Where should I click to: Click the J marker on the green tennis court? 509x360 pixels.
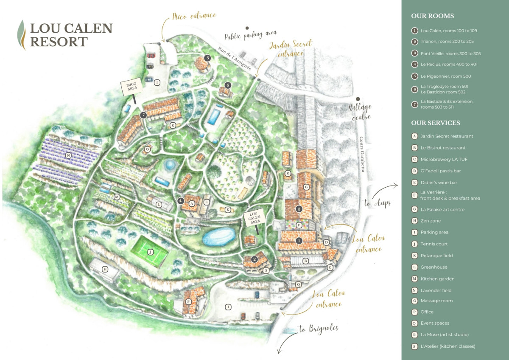[150, 252]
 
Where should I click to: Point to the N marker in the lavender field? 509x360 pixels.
[68, 156]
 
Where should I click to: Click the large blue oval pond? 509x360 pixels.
[218, 236]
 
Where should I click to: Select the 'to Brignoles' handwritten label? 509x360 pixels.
[318, 329]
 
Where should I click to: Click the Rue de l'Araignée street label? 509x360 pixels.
[235, 59]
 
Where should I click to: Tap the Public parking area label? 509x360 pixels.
[250, 35]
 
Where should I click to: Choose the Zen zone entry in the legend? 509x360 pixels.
[430, 221]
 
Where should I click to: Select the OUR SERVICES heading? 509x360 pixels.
[436, 123]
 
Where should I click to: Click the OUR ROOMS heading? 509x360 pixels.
[432, 16]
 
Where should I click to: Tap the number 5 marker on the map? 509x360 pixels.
[207, 58]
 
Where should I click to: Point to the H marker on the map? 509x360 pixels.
[105, 269]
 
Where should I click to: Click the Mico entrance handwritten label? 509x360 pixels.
[194, 17]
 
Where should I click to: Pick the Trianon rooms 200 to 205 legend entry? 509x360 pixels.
[447, 42]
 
